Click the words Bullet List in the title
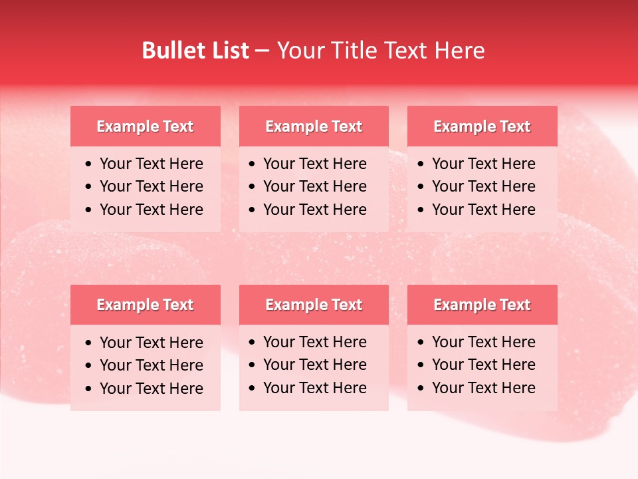coord(195,51)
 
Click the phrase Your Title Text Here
coord(381,51)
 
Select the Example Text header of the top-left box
coord(145,126)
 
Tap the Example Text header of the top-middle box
coord(314,126)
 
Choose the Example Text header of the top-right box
coord(482,126)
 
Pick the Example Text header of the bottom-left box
coord(145,305)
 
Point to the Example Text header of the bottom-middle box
coord(314,305)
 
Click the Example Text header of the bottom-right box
coord(482,305)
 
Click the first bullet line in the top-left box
coord(151,164)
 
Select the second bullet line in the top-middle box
coord(314,186)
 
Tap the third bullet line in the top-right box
coord(483,210)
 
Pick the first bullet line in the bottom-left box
coord(151,343)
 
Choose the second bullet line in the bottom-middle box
coord(314,365)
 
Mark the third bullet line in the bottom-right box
coord(483,388)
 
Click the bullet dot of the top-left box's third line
coord(89,210)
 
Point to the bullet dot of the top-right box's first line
coord(421,164)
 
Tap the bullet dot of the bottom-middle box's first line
coord(253,343)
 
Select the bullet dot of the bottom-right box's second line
coord(421,365)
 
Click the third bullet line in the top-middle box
coord(314,210)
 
